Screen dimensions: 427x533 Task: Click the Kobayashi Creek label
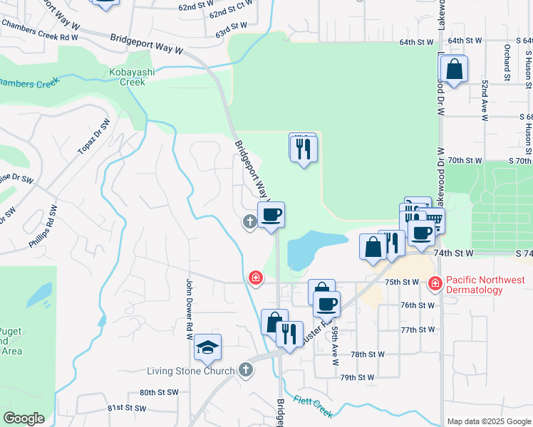[128, 77]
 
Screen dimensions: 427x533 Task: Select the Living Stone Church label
[190, 371]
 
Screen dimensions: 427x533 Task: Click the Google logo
[24, 418]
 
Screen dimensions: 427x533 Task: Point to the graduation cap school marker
[207, 347]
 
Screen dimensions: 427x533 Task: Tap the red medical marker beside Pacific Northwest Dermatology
[435, 284]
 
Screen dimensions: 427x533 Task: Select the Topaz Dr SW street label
[96, 135]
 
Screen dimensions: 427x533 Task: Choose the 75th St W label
[402, 282]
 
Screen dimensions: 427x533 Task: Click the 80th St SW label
[158, 392]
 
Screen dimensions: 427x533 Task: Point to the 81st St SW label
[126, 408]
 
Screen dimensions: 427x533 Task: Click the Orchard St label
[507, 60]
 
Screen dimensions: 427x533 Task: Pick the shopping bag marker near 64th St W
[454, 70]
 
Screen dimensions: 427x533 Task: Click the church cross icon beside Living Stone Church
[245, 369]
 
